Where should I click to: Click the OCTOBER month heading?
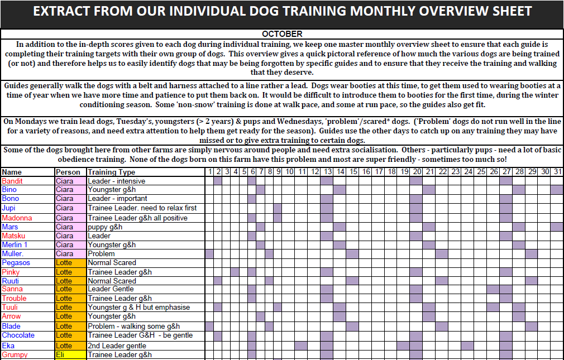(x=282, y=34)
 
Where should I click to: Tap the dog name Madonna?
(x=17, y=218)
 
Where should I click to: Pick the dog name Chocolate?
(x=18, y=335)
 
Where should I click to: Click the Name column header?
(x=12, y=172)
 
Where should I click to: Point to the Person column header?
(x=68, y=172)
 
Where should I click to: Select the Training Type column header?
(x=111, y=172)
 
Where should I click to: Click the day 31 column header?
(x=557, y=172)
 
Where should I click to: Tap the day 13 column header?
(x=327, y=172)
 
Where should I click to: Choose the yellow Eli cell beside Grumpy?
(x=70, y=354)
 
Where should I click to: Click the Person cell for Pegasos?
(x=70, y=263)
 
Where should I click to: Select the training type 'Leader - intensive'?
(x=117, y=181)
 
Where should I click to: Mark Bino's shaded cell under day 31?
(x=557, y=190)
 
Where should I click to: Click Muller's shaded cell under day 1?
(x=209, y=254)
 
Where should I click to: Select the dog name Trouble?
(x=14, y=299)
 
